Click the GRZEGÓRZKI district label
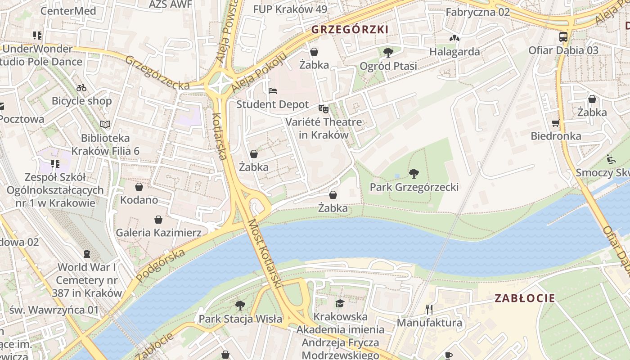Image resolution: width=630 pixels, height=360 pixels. (x=349, y=30)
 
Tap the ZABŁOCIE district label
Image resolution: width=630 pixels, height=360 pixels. (x=525, y=298)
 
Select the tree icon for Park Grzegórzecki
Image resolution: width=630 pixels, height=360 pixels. (x=414, y=173)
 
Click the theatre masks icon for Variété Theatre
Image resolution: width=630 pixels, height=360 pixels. (x=323, y=108)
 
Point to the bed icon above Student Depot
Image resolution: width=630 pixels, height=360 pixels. (x=273, y=91)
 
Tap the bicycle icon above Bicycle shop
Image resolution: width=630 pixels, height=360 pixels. (x=81, y=88)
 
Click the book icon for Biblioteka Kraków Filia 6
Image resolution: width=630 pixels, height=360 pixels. (x=105, y=124)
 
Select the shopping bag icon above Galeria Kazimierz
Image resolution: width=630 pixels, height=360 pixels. (x=158, y=220)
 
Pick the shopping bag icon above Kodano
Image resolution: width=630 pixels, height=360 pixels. (x=139, y=186)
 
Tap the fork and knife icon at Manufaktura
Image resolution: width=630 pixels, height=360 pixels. (x=429, y=309)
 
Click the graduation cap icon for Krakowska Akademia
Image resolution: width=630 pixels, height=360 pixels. (x=340, y=303)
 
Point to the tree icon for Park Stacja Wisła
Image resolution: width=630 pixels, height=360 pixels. (x=240, y=306)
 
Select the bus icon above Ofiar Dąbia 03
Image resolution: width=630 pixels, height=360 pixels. (x=563, y=36)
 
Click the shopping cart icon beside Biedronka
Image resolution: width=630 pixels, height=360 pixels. (x=555, y=123)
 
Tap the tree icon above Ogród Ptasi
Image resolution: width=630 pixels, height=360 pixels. (x=388, y=53)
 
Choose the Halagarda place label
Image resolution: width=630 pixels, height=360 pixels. (x=454, y=51)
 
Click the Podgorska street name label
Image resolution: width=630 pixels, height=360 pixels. (x=160, y=265)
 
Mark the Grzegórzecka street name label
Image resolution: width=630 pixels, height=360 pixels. (x=157, y=72)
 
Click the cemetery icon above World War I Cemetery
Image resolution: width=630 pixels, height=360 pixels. (x=87, y=254)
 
